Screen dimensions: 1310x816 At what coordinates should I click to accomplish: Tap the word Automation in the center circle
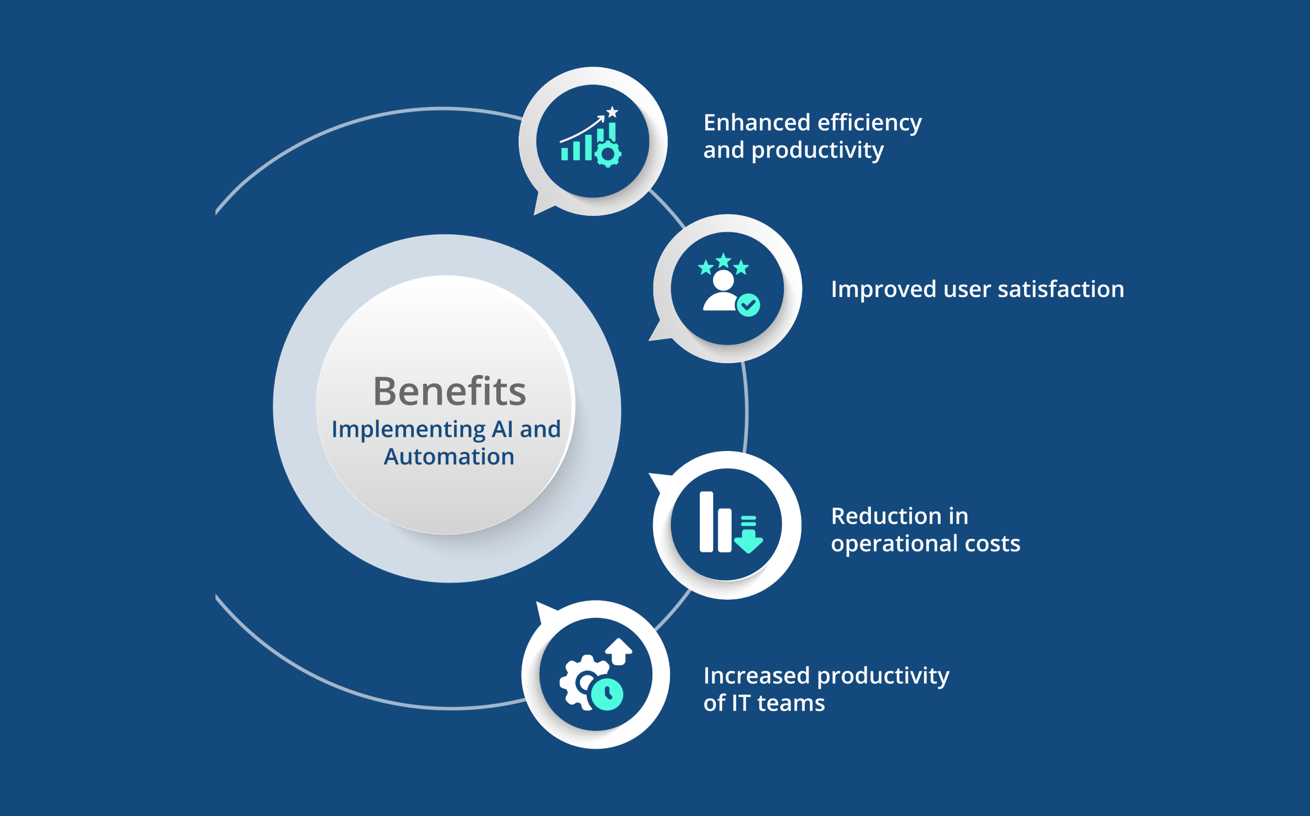449,456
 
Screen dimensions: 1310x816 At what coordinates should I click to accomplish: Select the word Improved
884,290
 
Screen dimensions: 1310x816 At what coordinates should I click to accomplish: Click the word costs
992,544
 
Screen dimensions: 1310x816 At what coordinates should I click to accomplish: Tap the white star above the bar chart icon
612,112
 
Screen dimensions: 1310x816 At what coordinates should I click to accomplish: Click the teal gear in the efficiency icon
608,154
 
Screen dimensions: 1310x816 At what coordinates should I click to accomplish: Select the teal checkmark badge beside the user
748,305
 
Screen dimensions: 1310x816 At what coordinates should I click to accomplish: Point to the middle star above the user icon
723,261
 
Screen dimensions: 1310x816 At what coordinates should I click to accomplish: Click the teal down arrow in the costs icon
749,535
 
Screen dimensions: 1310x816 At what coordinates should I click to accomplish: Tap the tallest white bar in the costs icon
707,522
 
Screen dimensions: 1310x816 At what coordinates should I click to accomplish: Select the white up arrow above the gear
619,651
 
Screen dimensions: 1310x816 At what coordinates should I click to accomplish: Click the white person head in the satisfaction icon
723,280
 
